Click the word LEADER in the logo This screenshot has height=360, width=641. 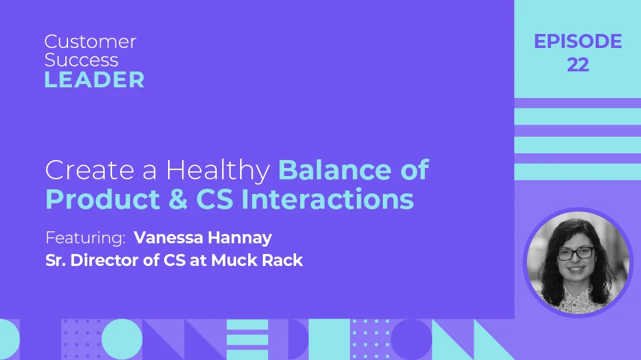(94, 80)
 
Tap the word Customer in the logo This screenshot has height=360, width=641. (90, 41)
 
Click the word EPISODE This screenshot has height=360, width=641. (578, 41)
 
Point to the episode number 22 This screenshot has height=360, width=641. (578, 65)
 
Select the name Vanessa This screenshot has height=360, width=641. (171, 237)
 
